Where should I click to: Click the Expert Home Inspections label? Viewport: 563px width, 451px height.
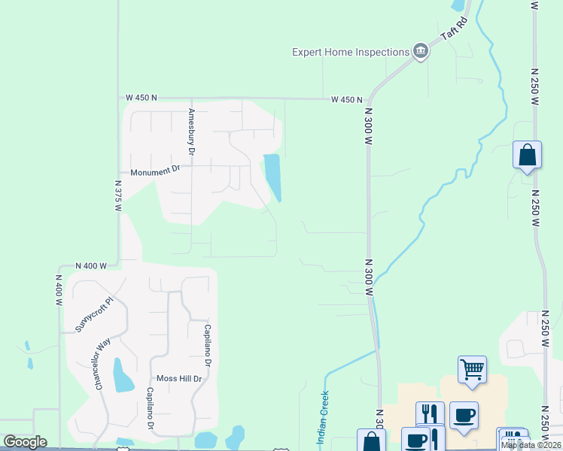pyautogui.click(x=350, y=52)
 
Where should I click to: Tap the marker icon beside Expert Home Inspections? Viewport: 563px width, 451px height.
pyautogui.click(x=420, y=52)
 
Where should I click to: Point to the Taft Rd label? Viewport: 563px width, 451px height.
pyautogui.click(x=455, y=32)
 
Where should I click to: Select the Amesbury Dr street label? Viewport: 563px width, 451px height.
pyautogui.click(x=192, y=132)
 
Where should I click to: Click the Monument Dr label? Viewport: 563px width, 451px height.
pyautogui.click(x=156, y=171)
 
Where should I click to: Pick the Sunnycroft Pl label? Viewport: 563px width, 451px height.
pyautogui.click(x=93, y=314)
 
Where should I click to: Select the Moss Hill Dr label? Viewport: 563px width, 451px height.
pyautogui.click(x=179, y=379)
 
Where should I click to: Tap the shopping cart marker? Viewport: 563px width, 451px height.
pyautogui.click(x=472, y=369)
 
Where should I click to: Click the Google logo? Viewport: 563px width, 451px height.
pyautogui.click(x=25, y=442)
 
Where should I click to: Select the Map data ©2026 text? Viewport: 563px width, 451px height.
pyautogui.click(x=531, y=445)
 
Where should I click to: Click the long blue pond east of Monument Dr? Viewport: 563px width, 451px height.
pyautogui.click(x=272, y=177)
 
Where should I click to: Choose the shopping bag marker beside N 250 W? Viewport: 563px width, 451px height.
pyautogui.click(x=527, y=155)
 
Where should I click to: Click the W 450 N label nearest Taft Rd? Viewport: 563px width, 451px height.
pyautogui.click(x=348, y=99)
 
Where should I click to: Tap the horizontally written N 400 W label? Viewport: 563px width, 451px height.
pyautogui.click(x=91, y=266)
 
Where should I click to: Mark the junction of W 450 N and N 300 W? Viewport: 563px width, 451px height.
pyautogui.click(x=369, y=99)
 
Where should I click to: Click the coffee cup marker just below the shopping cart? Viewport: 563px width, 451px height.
pyautogui.click(x=464, y=415)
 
